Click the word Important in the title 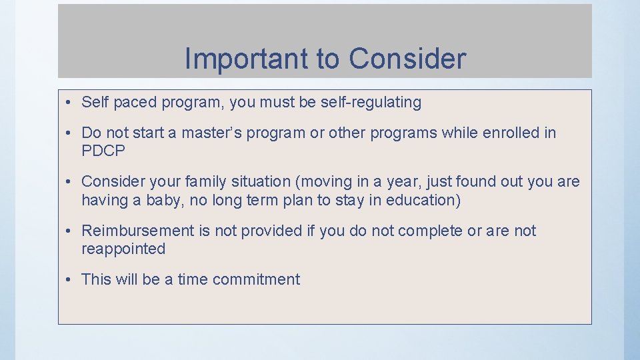click(x=244, y=59)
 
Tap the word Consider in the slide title click(x=407, y=59)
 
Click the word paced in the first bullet click(x=132, y=103)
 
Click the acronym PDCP click(x=103, y=151)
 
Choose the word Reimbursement click(x=137, y=231)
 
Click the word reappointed click(x=123, y=249)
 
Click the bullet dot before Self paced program click(x=69, y=103)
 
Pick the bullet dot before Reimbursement click(x=69, y=231)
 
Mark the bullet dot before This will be click(x=69, y=280)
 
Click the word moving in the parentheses click(x=349, y=182)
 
